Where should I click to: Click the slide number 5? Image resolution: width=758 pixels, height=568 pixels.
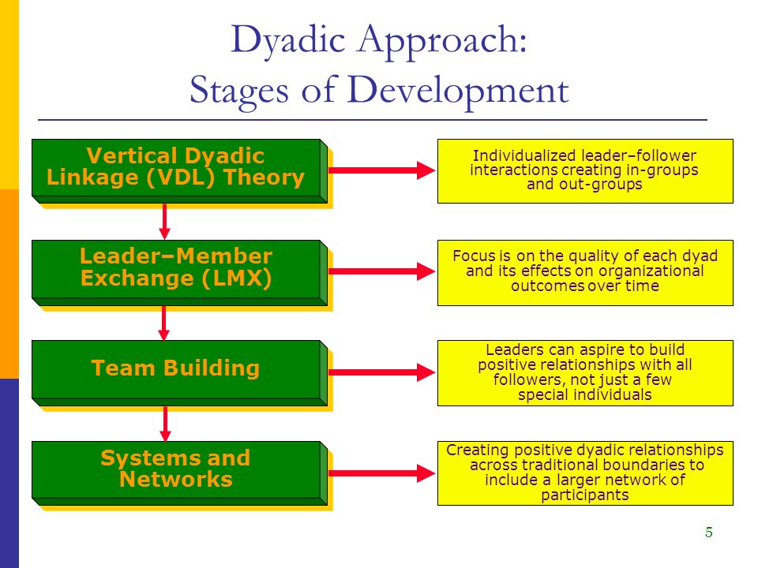[709, 532]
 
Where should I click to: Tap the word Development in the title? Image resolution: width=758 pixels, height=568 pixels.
[457, 90]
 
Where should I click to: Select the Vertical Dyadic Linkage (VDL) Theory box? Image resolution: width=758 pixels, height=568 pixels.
[179, 170]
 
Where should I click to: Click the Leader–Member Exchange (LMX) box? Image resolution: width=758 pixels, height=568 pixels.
[179, 272]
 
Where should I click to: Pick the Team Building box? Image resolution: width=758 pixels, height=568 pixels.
[179, 373]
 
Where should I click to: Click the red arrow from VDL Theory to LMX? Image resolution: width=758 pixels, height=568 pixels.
[164, 221]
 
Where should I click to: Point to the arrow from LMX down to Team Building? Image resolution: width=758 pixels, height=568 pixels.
[164, 323]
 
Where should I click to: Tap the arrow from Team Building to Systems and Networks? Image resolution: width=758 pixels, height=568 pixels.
[165, 424]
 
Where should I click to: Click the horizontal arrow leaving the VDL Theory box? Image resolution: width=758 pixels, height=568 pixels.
[382, 170]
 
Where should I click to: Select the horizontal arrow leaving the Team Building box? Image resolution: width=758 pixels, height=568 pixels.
[382, 372]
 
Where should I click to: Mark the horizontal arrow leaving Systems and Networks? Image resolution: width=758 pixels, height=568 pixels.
[382, 473]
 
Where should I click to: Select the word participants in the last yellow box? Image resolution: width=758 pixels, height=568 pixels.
[585, 495]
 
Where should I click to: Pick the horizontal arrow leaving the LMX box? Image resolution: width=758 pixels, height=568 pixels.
[382, 271]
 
